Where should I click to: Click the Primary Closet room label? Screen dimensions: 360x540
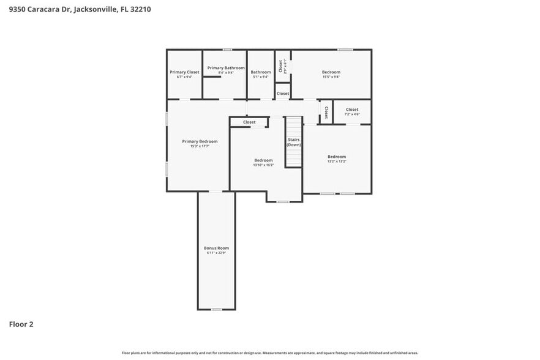[x=184, y=72]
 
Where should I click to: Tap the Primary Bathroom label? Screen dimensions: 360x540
[x=226, y=68]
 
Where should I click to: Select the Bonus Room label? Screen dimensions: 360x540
[x=216, y=248]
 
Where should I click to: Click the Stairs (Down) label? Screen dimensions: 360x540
[x=294, y=142]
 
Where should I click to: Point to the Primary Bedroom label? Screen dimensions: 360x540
[x=200, y=141]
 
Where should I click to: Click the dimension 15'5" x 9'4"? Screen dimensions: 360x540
[x=331, y=77]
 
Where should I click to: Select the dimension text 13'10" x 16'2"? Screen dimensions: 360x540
[x=263, y=165]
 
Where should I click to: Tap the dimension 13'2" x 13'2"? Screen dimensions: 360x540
[x=336, y=161]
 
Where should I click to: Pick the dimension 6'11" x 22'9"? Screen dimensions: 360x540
[x=216, y=253]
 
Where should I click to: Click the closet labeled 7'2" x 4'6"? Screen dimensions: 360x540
[x=352, y=112]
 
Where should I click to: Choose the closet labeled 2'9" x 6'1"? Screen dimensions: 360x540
[x=282, y=66]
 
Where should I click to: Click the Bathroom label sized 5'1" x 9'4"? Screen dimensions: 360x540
[x=261, y=74]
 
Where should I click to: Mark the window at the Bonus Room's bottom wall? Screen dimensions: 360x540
[x=216, y=309]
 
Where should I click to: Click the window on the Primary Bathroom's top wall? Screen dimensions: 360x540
[x=227, y=50]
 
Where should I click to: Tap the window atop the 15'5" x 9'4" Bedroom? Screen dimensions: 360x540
[x=345, y=50]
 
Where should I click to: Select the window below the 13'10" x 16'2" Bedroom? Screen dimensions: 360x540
[x=282, y=201]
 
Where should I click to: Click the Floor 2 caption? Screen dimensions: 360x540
[x=21, y=324]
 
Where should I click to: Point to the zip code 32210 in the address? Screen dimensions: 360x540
[x=139, y=10]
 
